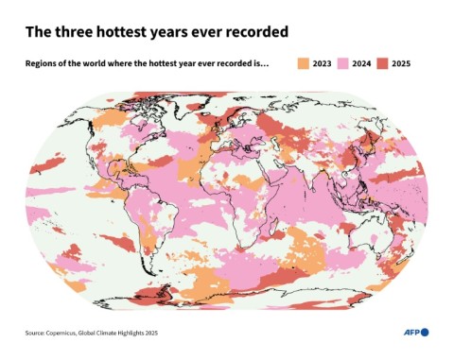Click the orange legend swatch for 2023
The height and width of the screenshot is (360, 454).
pyautogui.click(x=302, y=63)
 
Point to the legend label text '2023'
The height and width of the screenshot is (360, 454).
pyautogui.click(x=322, y=63)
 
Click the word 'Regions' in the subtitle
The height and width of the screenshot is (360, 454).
pyautogui.click(x=42, y=63)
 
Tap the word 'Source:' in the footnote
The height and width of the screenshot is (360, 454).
pyautogui.click(x=37, y=333)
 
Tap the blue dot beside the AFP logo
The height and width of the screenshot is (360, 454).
pyautogui.click(x=425, y=332)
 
